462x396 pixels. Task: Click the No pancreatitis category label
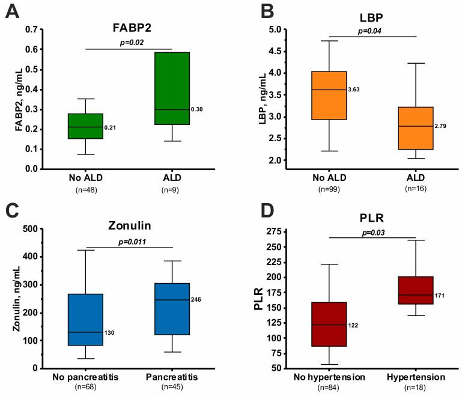point(86,377)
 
